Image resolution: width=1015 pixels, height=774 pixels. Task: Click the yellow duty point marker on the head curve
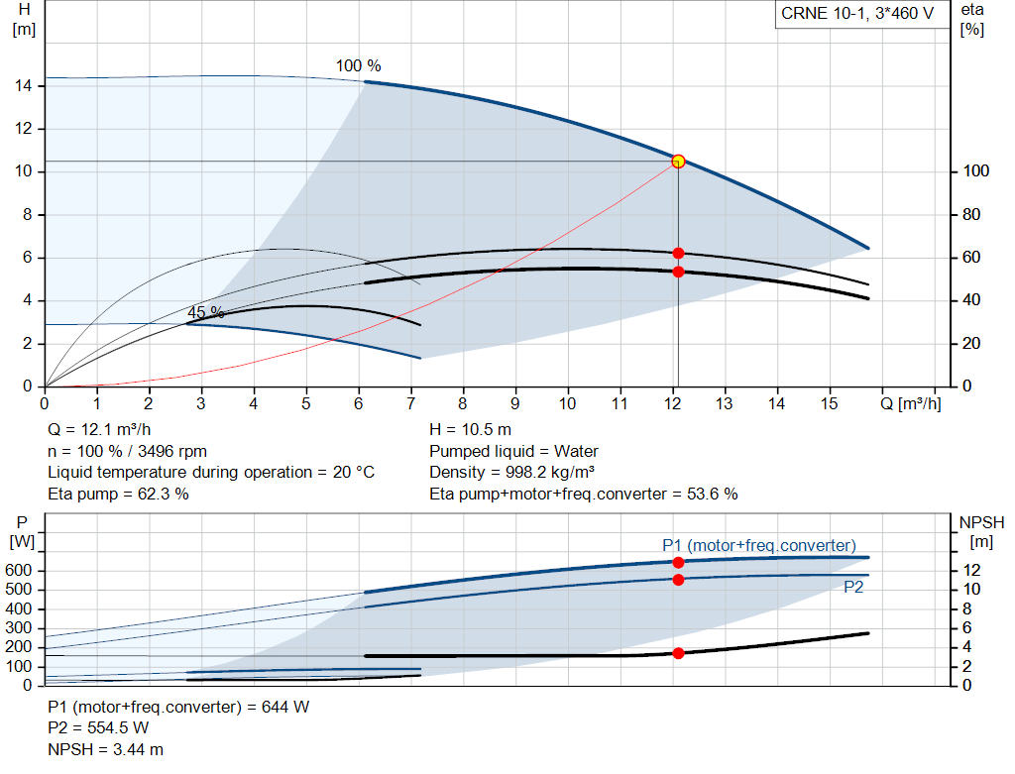click(x=678, y=161)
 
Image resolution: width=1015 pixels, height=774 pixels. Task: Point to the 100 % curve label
click(x=358, y=65)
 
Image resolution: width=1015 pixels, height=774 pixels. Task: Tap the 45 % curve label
click(x=206, y=312)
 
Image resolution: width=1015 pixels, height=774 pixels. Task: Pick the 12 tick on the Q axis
click(x=672, y=403)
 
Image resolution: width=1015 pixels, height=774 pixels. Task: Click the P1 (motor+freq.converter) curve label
click(x=759, y=545)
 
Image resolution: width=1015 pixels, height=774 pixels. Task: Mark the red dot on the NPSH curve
click(x=678, y=653)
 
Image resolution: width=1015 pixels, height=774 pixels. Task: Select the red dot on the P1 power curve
click(x=678, y=562)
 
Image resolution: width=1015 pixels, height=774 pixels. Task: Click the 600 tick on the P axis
click(x=21, y=571)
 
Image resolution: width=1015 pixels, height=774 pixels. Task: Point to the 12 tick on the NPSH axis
click(x=974, y=571)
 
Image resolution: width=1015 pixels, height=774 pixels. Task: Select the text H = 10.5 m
click(x=470, y=430)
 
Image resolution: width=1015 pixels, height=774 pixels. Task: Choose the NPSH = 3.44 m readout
click(x=106, y=749)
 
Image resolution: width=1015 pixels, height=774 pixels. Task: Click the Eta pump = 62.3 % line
click(x=118, y=494)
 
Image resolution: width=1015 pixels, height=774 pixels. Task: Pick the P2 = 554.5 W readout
click(x=98, y=728)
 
